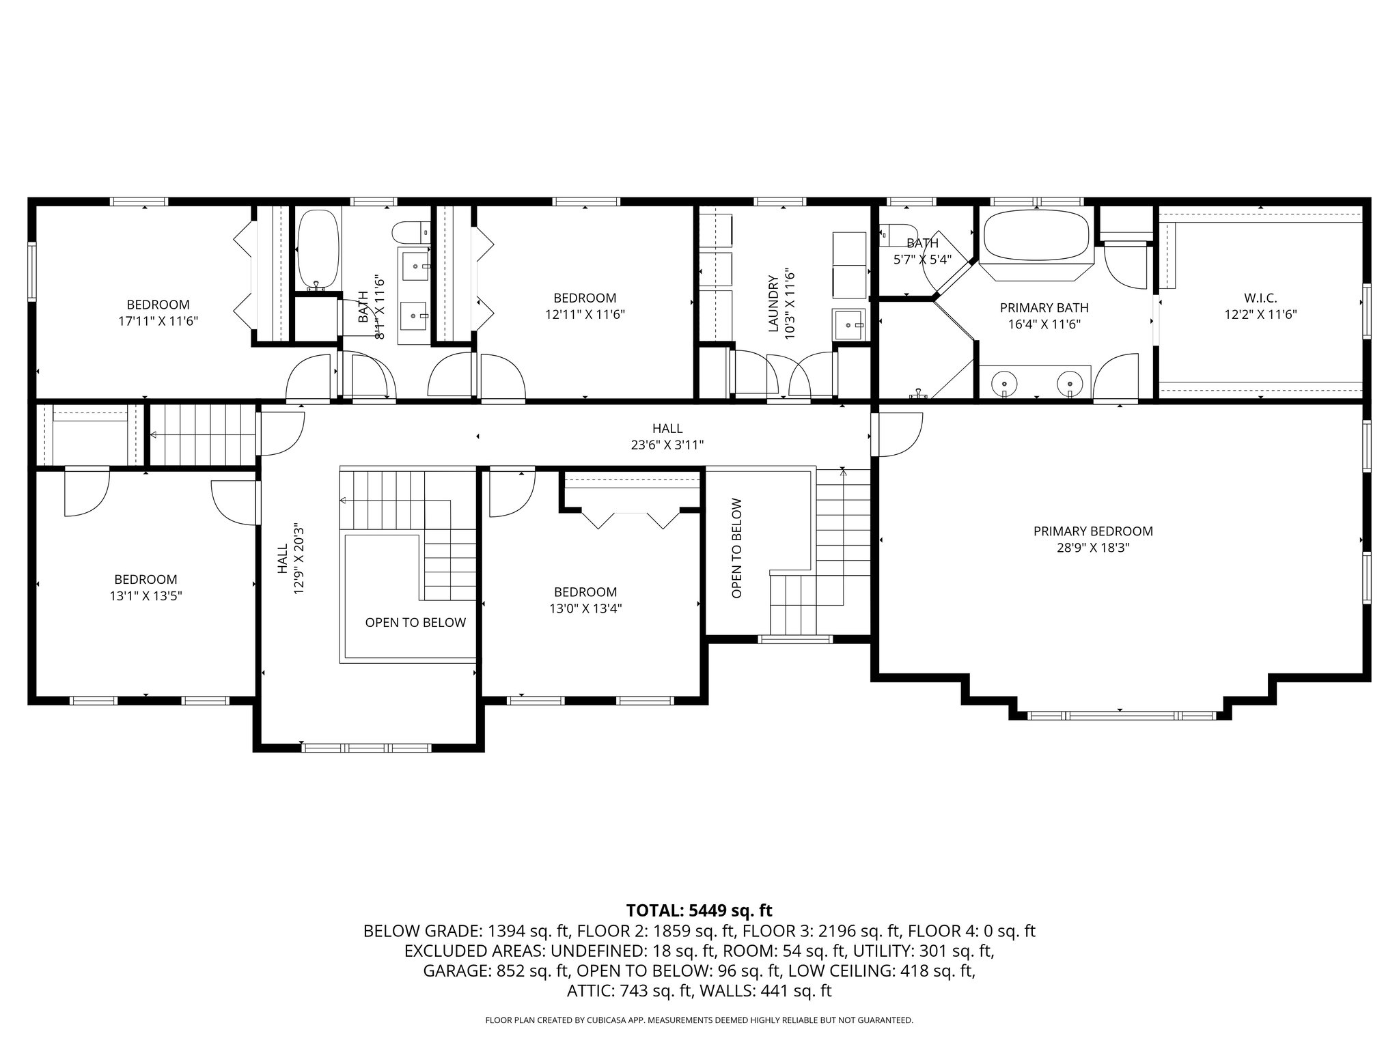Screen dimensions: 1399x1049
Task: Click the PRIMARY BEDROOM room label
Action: (x=1093, y=531)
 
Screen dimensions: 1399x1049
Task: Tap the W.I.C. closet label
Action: (x=1260, y=298)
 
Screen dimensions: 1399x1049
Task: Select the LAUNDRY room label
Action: (x=773, y=304)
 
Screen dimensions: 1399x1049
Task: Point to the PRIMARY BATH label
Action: (x=1044, y=308)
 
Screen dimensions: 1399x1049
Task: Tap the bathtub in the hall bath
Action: (x=318, y=249)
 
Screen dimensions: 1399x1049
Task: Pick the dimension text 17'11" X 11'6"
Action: (x=158, y=320)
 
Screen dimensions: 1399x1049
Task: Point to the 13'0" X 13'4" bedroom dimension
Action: (x=585, y=609)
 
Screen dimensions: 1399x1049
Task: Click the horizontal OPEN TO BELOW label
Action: (x=415, y=622)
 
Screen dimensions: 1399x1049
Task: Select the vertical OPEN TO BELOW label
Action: (x=736, y=548)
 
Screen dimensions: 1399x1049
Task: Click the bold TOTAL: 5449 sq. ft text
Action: (x=699, y=910)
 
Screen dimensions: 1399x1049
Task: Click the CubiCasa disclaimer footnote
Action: (x=699, y=1020)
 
